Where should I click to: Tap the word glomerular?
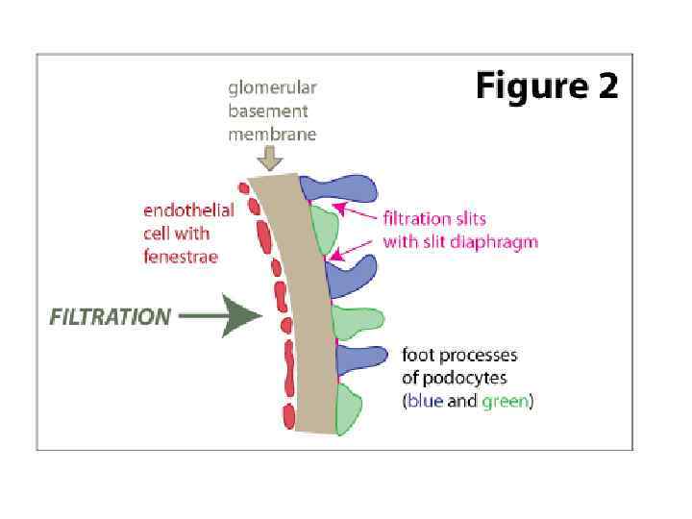pos(272,88)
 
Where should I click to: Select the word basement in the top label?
pos(266,111)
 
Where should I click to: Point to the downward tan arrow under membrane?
pos(271,156)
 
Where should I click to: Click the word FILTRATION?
pos(111,316)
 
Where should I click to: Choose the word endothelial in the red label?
pos(188,211)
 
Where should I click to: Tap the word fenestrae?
pos(181,257)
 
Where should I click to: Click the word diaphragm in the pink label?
pos(497,241)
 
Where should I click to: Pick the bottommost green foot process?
pos(348,409)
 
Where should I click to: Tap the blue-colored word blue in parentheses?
pos(424,401)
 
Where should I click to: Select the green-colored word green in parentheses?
pos(504,401)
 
